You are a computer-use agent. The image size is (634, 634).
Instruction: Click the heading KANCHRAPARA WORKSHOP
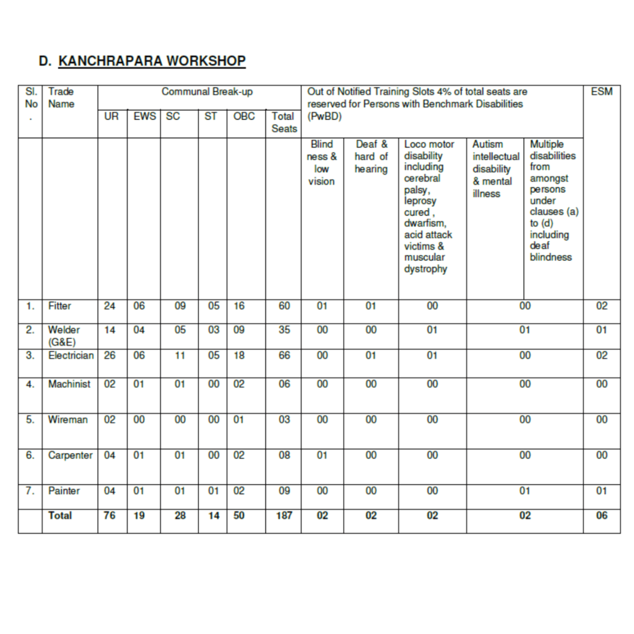pos(152,61)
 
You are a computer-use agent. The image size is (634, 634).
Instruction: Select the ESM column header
pos(601,92)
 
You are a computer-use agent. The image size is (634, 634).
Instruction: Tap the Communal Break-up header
pos(207,92)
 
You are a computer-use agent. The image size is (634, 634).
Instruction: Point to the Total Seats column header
pos(284,122)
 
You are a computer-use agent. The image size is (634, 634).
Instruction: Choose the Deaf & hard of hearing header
pos(371,157)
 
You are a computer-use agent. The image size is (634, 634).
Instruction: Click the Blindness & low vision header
pos(321,162)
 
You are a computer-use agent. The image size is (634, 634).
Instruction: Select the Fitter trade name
pos(59,306)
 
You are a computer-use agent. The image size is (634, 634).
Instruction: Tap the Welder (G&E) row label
pos(64,336)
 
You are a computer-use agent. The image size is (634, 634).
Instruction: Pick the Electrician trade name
pos(71,355)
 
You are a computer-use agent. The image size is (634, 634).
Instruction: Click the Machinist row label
pos(69,384)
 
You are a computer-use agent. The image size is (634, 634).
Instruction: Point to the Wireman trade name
pos(68,420)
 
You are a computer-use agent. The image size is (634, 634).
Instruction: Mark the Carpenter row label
pos(70,455)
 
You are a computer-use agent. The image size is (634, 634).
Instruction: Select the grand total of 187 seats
pos(284,515)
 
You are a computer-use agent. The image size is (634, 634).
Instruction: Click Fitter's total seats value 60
pos(284,306)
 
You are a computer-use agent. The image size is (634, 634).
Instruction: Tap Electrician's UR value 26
pos(110,355)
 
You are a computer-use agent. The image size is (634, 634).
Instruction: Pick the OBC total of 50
pos(239,515)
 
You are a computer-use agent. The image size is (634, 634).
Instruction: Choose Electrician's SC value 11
pos(180,355)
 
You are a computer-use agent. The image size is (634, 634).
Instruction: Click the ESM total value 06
pos(602,515)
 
